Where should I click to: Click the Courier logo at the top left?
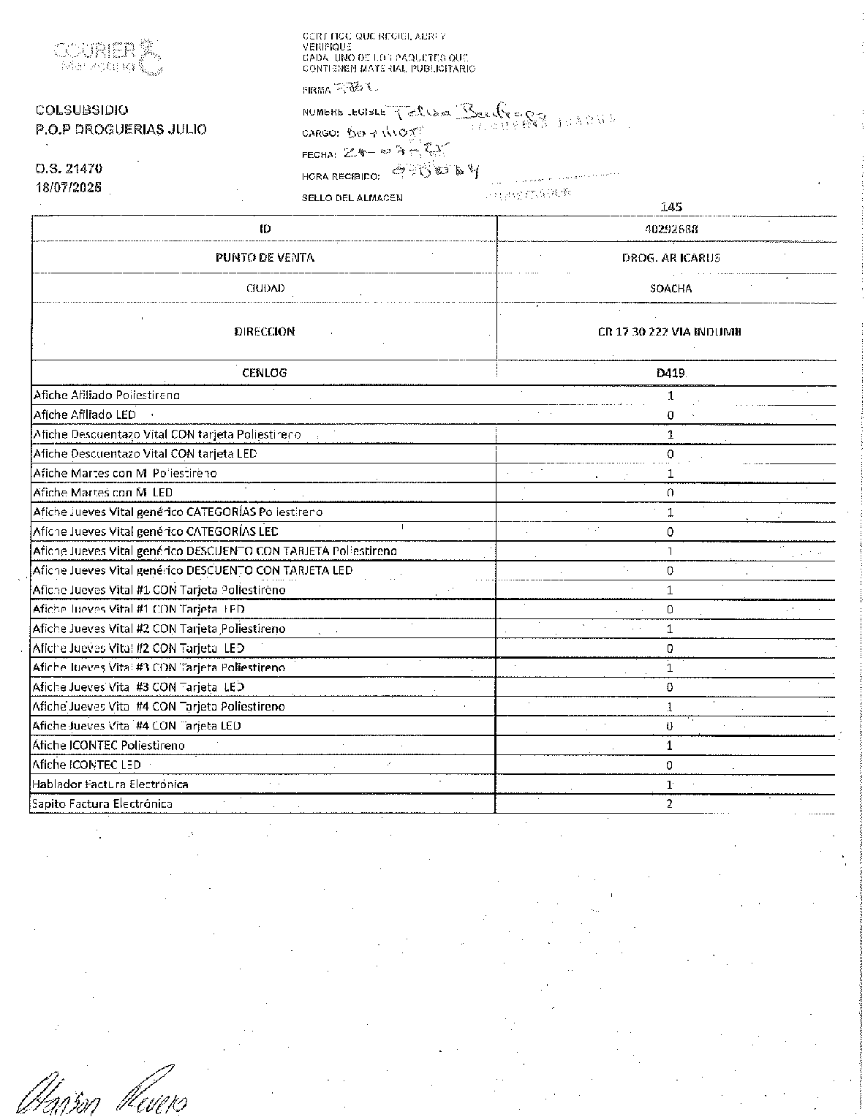pyautogui.click(x=107, y=56)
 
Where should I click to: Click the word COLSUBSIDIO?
pyautogui.click(x=82, y=110)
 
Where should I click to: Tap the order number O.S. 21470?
pyautogui.click(x=69, y=169)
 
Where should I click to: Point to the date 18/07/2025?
pyautogui.click(x=69, y=186)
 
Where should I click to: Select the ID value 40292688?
pyautogui.click(x=670, y=229)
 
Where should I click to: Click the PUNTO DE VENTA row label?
pyautogui.click(x=265, y=257)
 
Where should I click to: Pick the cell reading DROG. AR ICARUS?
pyautogui.click(x=670, y=257)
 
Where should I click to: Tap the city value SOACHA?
pyautogui.click(x=670, y=288)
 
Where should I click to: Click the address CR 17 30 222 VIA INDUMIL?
pyautogui.click(x=670, y=332)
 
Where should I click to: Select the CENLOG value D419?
pyautogui.click(x=670, y=373)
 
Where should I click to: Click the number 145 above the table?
pyautogui.click(x=671, y=208)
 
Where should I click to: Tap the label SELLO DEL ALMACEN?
pyautogui.click(x=352, y=198)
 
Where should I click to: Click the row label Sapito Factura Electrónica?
pyautogui.click(x=102, y=803)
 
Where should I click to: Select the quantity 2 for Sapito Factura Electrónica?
pyautogui.click(x=670, y=803)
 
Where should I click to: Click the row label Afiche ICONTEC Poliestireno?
pyautogui.click(x=108, y=746)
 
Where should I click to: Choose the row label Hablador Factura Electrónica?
pyautogui.click(x=110, y=784)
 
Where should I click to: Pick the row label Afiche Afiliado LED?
pyautogui.click(x=85, y=414)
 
